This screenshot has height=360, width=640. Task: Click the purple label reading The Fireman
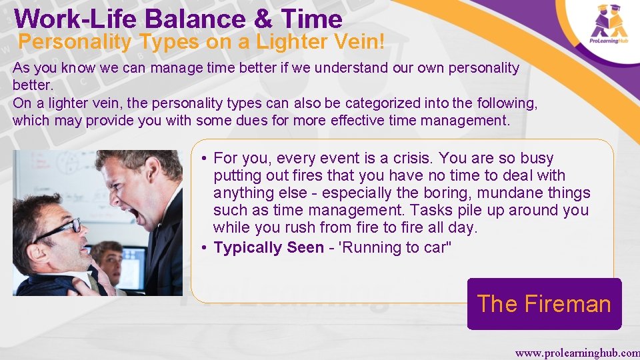(544, 304)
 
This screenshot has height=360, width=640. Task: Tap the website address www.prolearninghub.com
(577, 352)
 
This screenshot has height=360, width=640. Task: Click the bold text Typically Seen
(268, 247)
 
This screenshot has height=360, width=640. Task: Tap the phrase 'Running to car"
(395, 247)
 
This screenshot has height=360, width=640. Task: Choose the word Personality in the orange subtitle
(75, 42)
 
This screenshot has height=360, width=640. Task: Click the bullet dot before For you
(204, 159)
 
